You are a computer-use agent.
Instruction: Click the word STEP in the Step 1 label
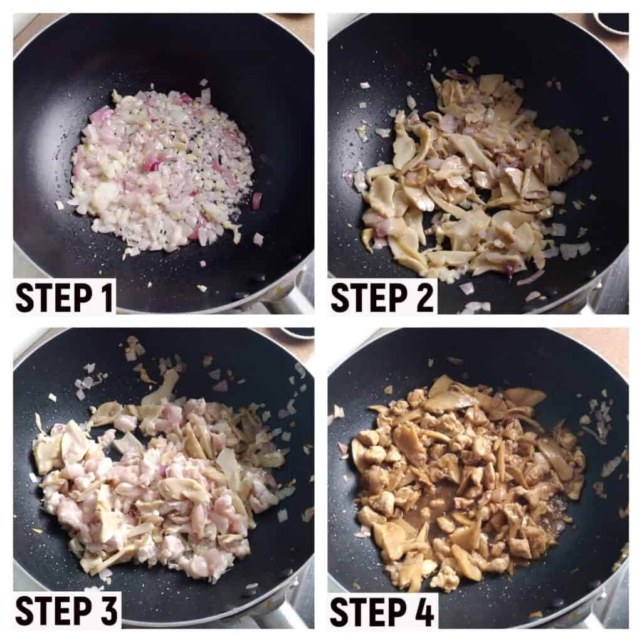[53, 297]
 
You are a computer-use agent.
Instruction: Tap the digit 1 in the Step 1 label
[107, 297]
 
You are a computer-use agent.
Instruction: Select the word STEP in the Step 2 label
[367, 297]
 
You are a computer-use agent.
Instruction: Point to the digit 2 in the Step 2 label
[424, 297]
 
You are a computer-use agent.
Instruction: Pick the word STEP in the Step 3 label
[53, 611]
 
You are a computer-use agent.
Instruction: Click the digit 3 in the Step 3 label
[108, 611]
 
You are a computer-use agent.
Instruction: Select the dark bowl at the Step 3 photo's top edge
[297, 331]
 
